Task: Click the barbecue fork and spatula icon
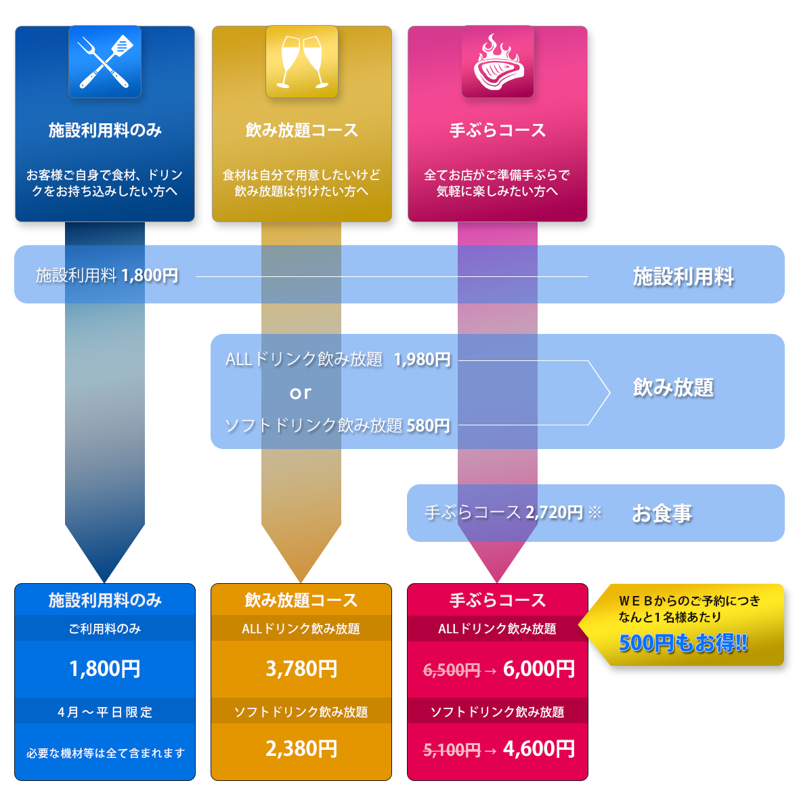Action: (105, 61)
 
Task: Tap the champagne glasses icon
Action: (301, 61)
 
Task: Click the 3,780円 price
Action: (301, 669)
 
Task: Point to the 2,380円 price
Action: (301, 749)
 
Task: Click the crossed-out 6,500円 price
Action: (452, 671)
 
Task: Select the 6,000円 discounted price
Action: (539, 669)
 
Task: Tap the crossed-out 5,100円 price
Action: (452, 750)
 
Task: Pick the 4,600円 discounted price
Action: (539, 749)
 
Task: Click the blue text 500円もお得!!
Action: (683, 643)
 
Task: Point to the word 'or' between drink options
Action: (301, 393)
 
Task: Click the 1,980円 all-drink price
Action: (423, 360)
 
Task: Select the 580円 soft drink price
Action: (428, 426)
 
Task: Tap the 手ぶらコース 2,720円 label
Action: (504, 513)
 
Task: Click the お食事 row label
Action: (662, 514)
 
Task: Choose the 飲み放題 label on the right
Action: (673, 387)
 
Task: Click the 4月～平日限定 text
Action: (105, 712)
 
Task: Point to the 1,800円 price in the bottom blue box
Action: (105, 669)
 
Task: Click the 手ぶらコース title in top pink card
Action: (498, 130)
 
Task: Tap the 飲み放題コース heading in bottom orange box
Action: (301, 600)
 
